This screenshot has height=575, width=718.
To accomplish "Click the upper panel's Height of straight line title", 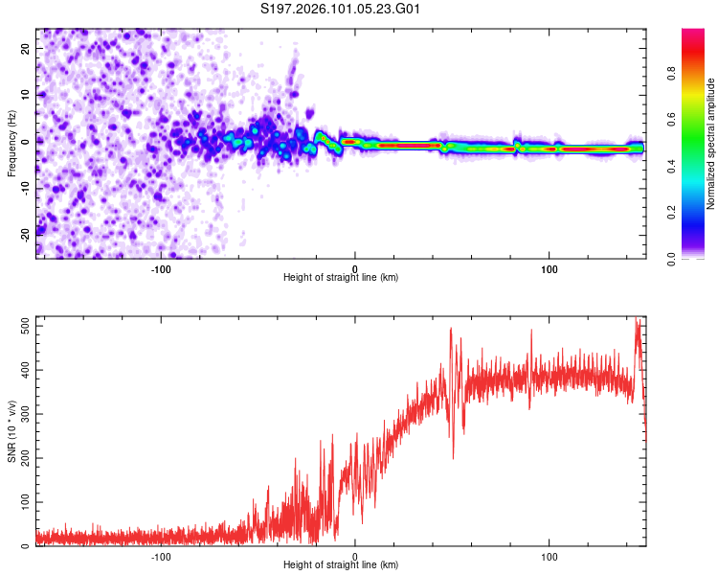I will point(341,277).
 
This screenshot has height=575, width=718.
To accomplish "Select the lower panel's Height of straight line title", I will point(341,564).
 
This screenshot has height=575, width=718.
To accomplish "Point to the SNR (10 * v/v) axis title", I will point(12,431).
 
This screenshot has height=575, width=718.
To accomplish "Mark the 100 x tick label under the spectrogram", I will point(550,268).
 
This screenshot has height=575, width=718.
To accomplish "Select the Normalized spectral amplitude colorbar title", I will point(711,144).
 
